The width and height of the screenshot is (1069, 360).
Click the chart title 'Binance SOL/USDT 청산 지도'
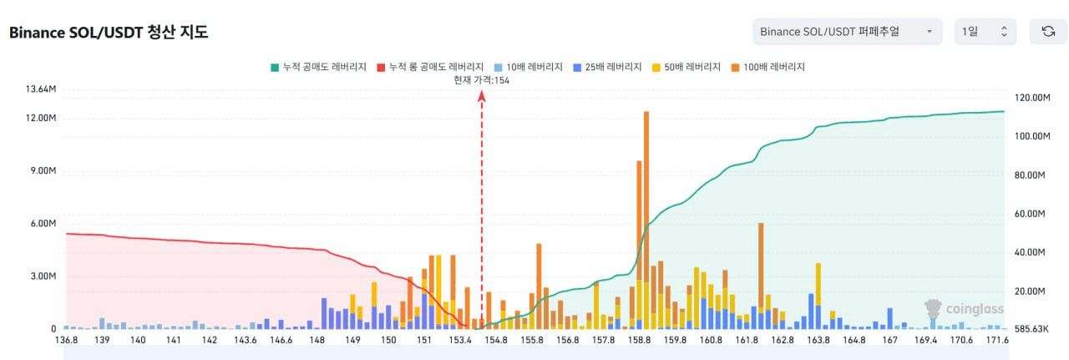(109, 33)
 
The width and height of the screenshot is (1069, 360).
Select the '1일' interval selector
(985, 32)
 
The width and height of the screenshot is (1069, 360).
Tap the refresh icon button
(1048, 32)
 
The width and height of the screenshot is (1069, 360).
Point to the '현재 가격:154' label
(481, 80)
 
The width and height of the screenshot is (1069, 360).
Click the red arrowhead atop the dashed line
(482, 97)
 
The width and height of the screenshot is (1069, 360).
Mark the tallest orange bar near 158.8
(646, 192)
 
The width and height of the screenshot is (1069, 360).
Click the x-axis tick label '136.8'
(66, 340)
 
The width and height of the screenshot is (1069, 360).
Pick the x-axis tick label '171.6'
(998, 340)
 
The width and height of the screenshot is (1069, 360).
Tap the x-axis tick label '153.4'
(460, 340)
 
